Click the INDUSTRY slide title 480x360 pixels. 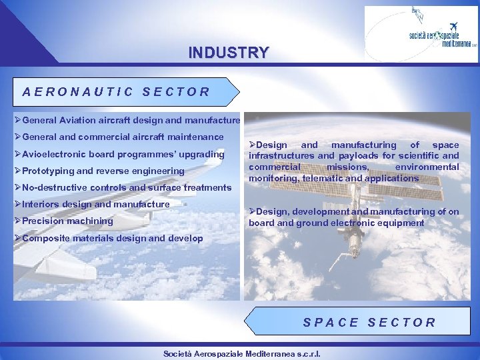click(x=229, y=52)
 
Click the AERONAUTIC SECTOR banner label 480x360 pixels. click(x=116, y=92)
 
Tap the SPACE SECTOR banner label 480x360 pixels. click(x=369, y=323)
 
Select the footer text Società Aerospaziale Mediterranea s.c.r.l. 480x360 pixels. click(x=242, y=353)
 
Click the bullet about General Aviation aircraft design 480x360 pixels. click(x=131, y=121)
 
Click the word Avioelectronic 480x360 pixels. click(x=50, y=155)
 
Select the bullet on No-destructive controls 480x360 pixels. click(x=127, y=188)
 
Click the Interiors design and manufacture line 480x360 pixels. click(x=96, y=204)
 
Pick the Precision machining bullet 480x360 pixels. click(x=67, y=221)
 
